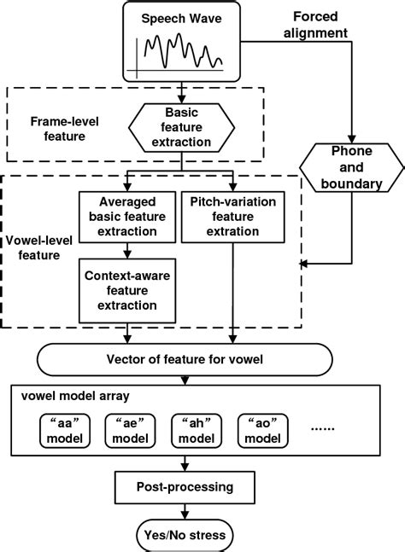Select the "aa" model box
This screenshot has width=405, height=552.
click(66, 430)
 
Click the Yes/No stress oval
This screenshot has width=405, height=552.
click(185, 535)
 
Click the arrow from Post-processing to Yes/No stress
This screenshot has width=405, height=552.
click(185, 512)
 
